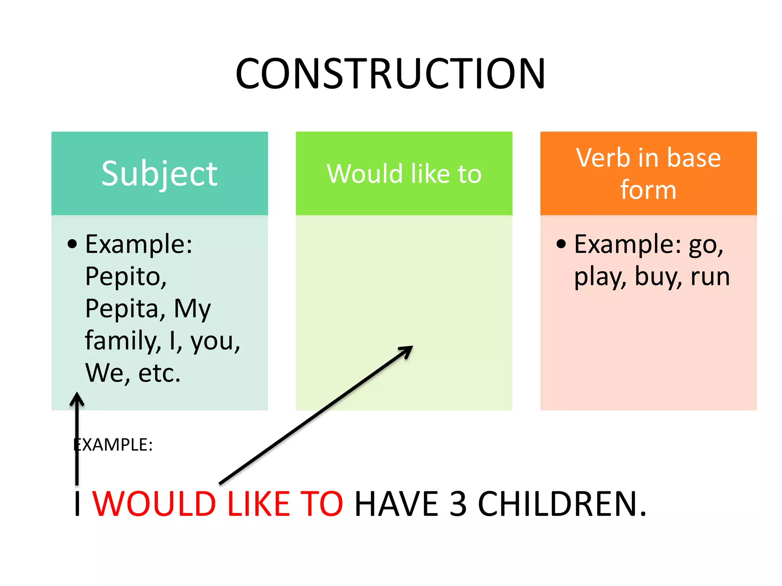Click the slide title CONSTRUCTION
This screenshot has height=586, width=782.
[390, 73]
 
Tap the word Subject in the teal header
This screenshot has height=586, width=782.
[159, 174]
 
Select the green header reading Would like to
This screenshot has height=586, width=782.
[404, 174]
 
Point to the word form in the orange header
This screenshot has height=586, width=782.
[648, 190]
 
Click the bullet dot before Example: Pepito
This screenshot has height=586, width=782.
[72, 244]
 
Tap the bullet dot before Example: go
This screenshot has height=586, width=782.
[561, 244]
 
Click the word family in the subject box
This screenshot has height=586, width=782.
[122, 340]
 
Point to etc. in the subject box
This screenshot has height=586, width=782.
[159, 373]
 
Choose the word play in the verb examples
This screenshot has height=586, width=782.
[599, 277]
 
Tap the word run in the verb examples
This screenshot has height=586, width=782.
[710, 277]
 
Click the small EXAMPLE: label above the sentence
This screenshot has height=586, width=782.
[113, 445]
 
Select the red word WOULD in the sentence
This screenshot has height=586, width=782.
[154, 504]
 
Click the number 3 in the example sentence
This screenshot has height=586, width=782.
[458, 504]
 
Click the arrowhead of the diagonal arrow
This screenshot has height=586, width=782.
[407, 350]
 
